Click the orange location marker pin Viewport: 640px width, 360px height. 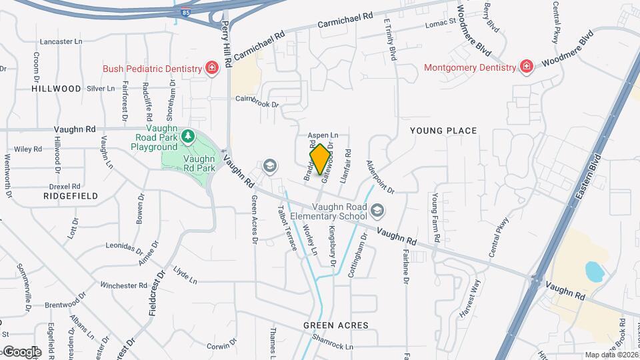[x=321, y=159]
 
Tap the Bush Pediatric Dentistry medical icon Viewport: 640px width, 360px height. [x=212, y=69]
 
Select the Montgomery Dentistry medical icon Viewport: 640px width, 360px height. [x=526, y=67]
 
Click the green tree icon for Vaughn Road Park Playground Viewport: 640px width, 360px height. [x=189, y=137]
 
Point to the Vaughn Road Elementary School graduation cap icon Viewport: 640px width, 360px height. [x=378, y=211]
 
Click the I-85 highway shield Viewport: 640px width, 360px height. [x=184, y=12]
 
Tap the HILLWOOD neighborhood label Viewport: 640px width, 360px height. [x=57, y=88]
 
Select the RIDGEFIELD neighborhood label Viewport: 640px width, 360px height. [x=71, y=196]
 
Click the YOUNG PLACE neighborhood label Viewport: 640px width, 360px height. [x=443, y=131]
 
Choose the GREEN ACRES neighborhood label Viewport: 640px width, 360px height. [x=335, y=325]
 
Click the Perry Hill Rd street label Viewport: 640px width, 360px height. [x=227, y=44]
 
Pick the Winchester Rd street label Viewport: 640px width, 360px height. [x=123, y=285]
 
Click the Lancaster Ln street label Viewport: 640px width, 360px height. [x=61, y=41]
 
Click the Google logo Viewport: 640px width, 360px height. [x=22, y=351]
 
